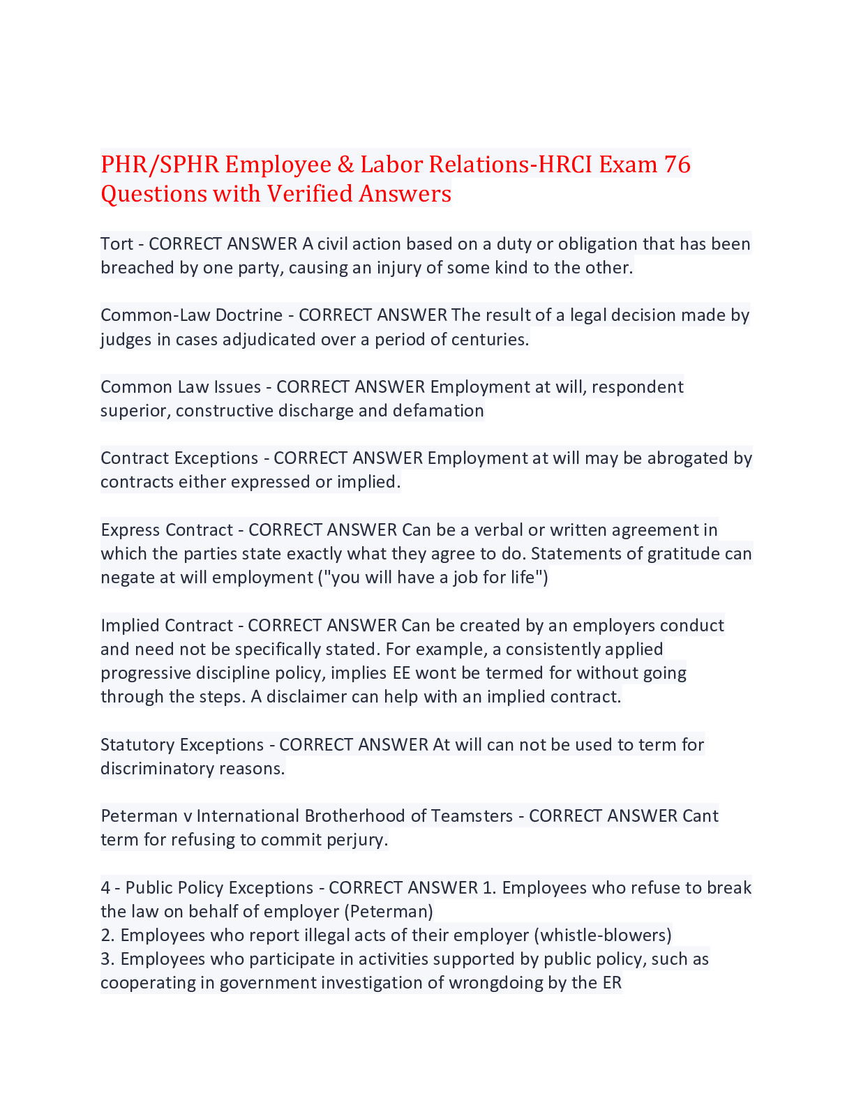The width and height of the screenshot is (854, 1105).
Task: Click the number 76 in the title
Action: [677, 165]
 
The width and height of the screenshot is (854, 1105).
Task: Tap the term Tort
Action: [117, 244]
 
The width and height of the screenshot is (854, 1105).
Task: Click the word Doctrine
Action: [248, 315]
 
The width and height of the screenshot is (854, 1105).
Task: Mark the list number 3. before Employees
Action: [107, 959]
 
